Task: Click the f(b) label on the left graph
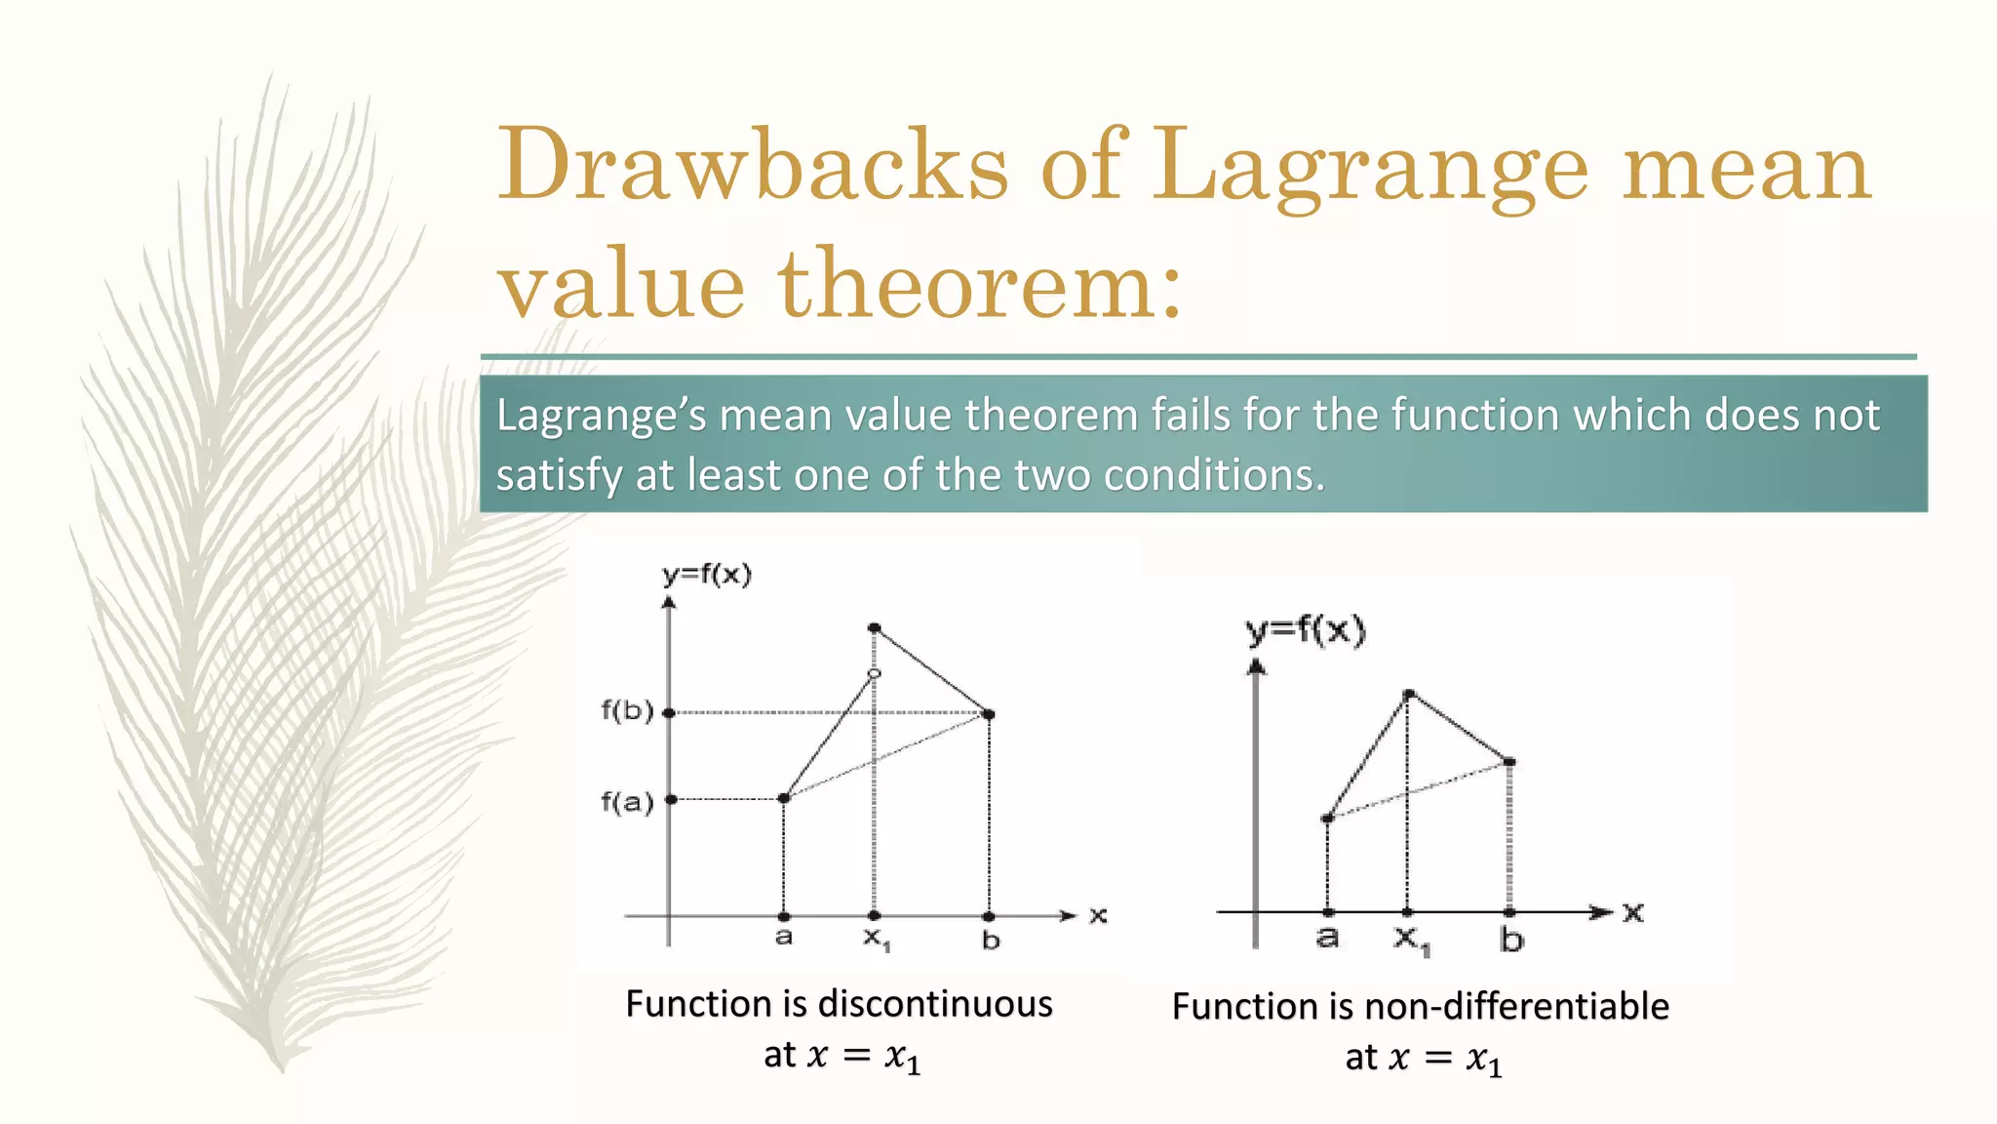point(626,710)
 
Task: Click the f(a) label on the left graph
point(626,802)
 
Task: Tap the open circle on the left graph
point(874,674)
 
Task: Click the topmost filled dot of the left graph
point(874,627)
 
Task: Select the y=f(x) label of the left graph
point(707,575)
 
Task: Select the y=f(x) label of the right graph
point(1306,631)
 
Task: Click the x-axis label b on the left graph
point(991,941)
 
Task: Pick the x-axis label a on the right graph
point(1327,938)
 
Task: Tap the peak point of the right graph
point(1408,695)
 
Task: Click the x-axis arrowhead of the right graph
point(1600,912)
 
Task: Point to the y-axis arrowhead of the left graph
point(669,603)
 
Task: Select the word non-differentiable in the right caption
point(1516,1006)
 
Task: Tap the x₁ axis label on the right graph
point(1411,941)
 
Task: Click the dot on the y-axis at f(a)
point(671,799)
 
